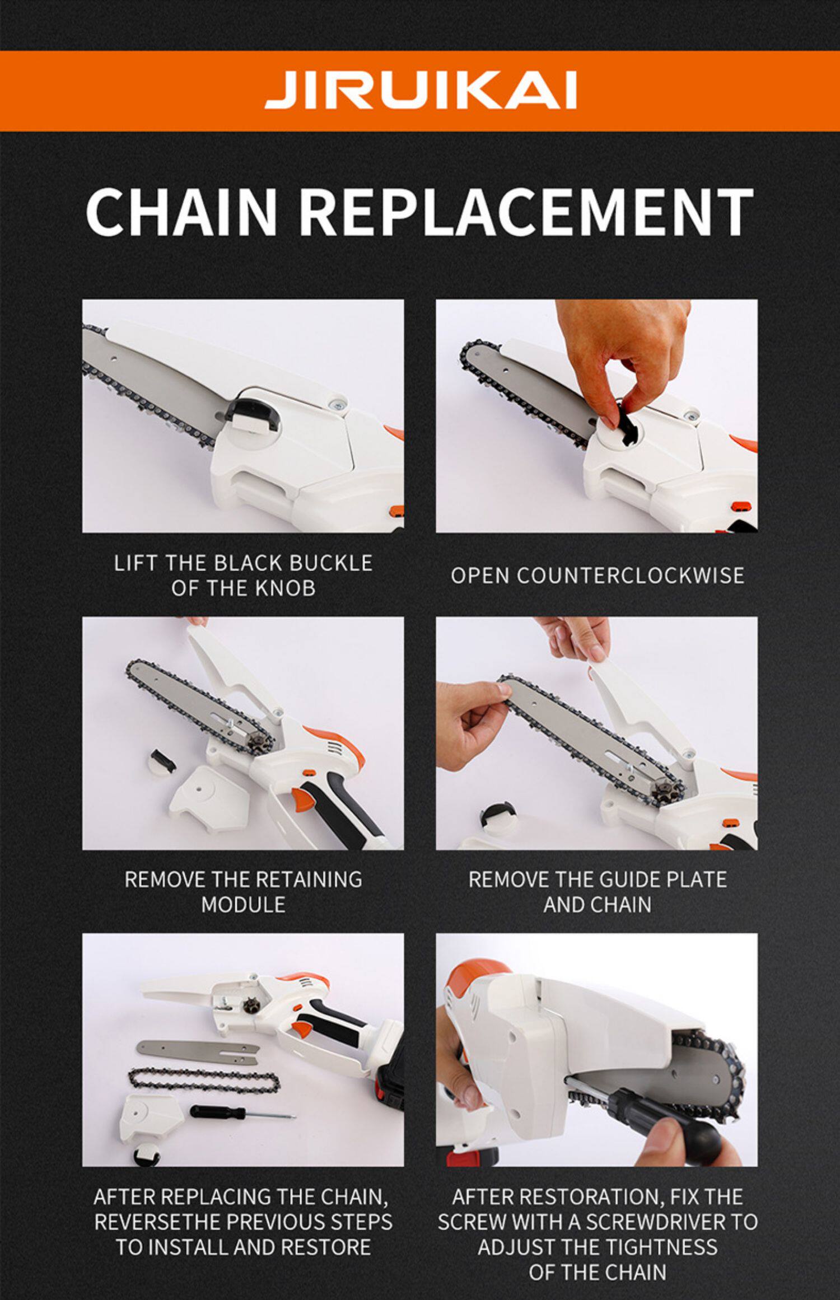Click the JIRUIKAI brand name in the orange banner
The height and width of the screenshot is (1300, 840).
(x=421, y=91)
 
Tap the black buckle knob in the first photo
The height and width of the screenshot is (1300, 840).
(x=251, y=413)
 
